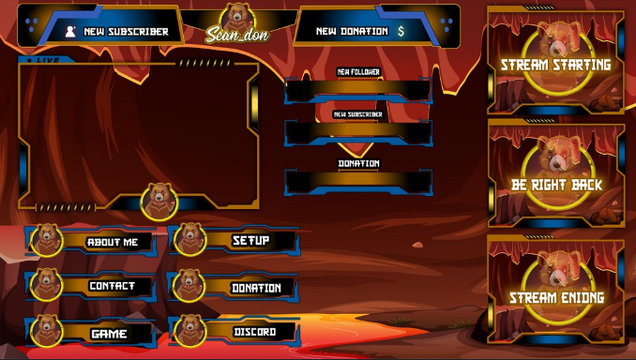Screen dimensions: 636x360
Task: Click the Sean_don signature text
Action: (x=237, y=35)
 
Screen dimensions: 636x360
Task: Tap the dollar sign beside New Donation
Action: (x=401, y=31)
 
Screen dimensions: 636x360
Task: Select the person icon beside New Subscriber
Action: (x=70, y=32)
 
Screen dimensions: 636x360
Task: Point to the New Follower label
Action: (x=358, y=72)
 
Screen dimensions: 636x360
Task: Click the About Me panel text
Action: (x=113, y=242)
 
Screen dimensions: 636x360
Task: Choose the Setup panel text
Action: (x=250, y=240)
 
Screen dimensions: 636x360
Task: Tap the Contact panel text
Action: (x=112, y=286)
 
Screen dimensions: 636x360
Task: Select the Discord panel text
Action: (x=255, y=332)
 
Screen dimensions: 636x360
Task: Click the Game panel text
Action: (x=109, y=334)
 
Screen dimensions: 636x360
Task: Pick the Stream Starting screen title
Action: (x=555, y=65)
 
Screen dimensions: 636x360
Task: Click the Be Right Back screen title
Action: (x=556, y=185)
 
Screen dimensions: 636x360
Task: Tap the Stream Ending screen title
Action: (x=556, y=297)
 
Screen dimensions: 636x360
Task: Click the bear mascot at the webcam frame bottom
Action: (x=159, y=202)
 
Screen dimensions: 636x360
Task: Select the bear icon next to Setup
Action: (x=189, y=240)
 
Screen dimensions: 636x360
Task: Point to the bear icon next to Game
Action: (x=47, y=331)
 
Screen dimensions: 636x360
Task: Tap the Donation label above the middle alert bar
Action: (x=358, y=163)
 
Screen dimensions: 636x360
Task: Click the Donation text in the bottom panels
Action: (x=256, y=288)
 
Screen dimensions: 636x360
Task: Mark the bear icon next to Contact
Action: (x=46, y=285)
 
